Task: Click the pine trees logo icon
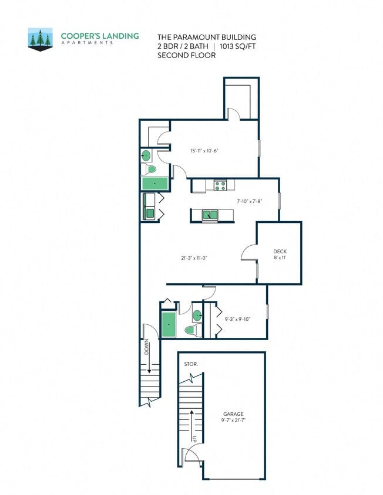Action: click(x=41, y=39)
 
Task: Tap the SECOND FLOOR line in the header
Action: click(x=186, y=56)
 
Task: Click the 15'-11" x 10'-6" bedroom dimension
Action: click(x=204, y=151)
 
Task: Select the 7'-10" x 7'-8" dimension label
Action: click(x=249, y=201)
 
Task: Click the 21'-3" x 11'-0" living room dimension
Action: click(x=194, y=257)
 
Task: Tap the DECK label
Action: click(x=280, y=251)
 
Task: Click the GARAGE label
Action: click(x=233, y=413)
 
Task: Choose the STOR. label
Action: click(x=191, y=364)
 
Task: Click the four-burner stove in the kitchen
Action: click(x=220, y=186)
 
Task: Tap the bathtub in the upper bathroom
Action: click(x=155, y=184)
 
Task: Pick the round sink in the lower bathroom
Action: click(x=198, y=316)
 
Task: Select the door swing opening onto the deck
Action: click(x=248, y=253)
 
